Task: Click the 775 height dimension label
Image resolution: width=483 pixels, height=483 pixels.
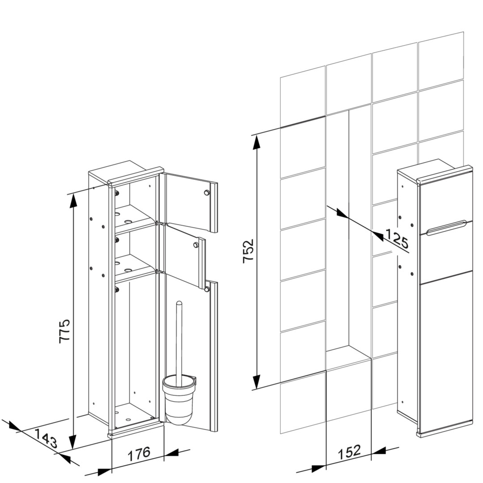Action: click(x=65, y=331)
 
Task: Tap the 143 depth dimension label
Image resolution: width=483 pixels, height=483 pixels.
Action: click(x=45, y=438)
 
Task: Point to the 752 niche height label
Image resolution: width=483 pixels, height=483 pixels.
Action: click(x=248, y=251)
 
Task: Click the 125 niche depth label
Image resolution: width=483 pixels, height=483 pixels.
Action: click(x=397, y=238)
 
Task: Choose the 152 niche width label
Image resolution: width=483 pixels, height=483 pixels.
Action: click(x=349, y=452)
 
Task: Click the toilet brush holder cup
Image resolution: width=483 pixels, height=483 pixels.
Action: click(x=178, y=400)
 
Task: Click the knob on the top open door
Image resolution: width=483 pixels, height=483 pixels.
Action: click(x=206, y=192)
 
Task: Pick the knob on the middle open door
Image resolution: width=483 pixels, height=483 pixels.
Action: click(x=195, y=245)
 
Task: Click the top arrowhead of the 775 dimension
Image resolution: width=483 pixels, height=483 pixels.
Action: click(x=73, y=201)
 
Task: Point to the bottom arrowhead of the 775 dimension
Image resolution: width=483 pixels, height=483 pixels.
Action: click(x=73, y=442)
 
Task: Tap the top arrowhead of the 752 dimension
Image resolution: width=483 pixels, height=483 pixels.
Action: click(x=256, y=142)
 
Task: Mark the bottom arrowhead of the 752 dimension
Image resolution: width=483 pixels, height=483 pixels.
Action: click(x=257, y=382)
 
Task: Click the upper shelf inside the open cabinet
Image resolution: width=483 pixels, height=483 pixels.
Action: click(x=135, y=219)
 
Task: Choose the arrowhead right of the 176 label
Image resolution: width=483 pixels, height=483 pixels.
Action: click(x=171, y=453)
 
